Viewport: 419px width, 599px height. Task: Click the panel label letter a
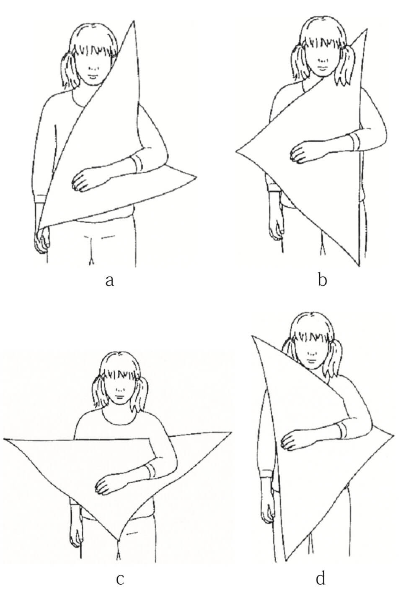(x=109, y=281)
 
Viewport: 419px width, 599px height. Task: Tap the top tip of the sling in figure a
(x=133, y=21)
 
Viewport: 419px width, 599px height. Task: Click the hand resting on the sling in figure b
(x=301, y=151)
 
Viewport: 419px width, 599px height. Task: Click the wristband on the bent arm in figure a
(x=137, y=163)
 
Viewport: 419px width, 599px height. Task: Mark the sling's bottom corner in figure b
(x=359, y=266)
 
